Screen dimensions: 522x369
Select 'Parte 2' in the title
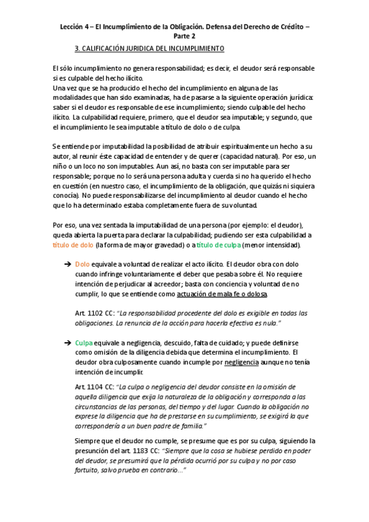[184, 37]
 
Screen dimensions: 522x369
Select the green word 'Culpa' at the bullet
[84, 343]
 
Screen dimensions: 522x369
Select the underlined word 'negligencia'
[241, 363]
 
